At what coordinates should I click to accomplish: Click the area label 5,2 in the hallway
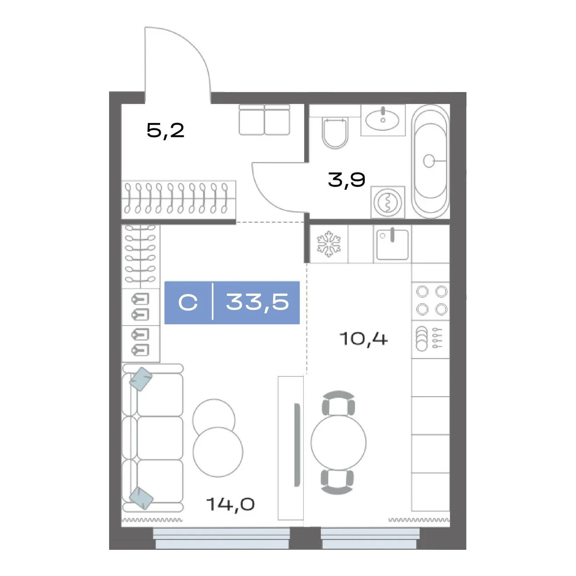(165, 130)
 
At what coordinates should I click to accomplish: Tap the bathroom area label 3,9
(346, 180)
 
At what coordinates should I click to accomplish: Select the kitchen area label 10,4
(363, 339)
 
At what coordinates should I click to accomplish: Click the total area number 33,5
(257, 302)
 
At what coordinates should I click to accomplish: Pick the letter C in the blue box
(188, 302)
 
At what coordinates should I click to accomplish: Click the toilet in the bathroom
(335, 134)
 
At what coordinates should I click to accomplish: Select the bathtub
(430, 161)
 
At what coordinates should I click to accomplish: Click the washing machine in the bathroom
(387, 202)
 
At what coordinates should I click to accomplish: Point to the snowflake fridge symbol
(329, 243)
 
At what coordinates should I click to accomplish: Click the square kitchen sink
(392, 244)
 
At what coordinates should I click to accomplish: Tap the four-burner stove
(431, 301)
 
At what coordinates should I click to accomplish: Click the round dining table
(338, 442)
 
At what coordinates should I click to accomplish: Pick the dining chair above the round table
(338, 403)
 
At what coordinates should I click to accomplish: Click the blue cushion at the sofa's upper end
(141, 379)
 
